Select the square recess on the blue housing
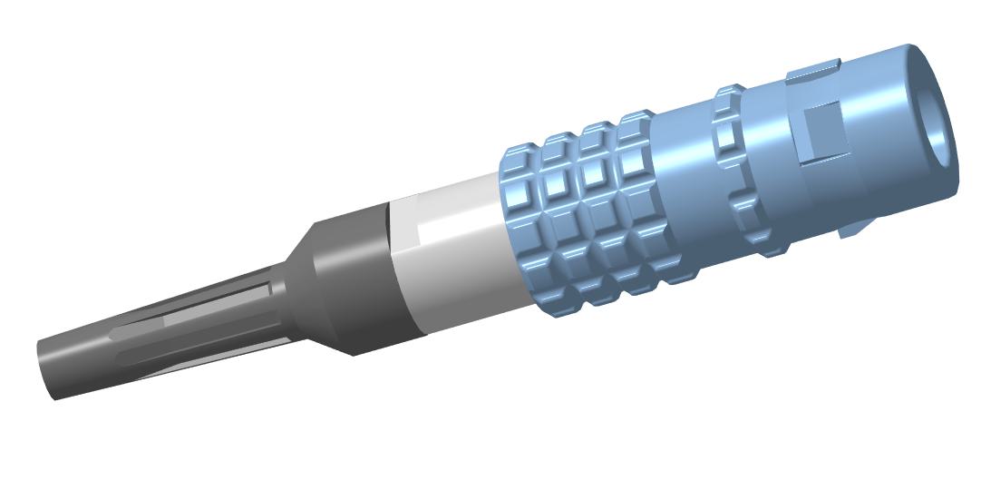click(821, 127)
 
